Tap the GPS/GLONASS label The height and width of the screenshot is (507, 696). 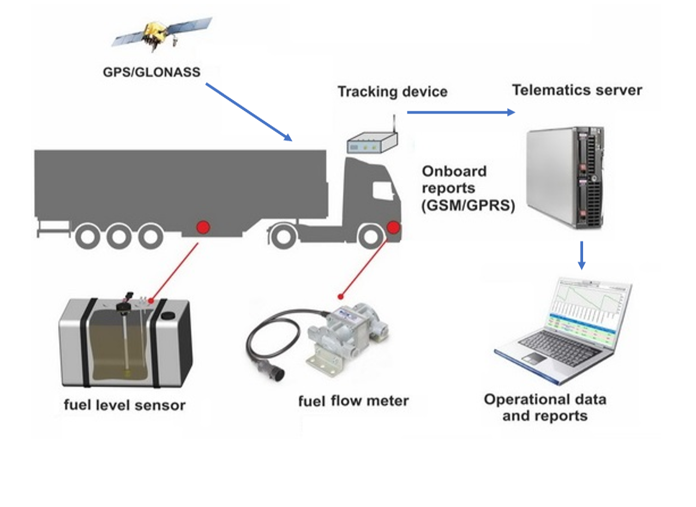point(152,72)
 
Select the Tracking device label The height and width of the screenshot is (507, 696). point(392,91)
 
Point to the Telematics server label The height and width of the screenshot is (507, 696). point(577,90)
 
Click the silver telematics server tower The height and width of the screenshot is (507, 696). point(565,176)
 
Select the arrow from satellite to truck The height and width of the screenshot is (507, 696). point(249,112)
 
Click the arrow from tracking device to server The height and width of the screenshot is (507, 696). point(460,112)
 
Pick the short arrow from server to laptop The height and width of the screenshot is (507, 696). point(581,255)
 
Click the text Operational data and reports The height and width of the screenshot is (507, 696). point(545,407)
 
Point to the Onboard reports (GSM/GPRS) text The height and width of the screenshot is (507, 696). point(467,188)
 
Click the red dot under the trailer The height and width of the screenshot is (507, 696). point(203,227)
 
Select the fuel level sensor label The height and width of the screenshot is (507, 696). point(124,405)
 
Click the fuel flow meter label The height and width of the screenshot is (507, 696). point(353,401)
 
